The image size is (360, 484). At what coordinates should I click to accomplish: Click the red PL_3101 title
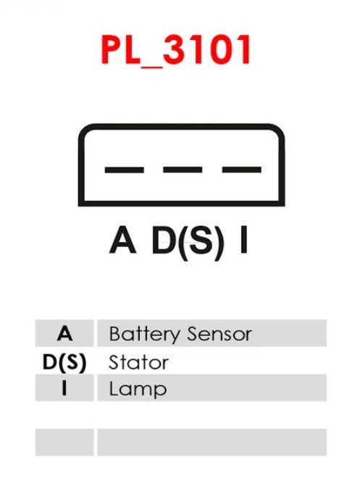pos(175,50)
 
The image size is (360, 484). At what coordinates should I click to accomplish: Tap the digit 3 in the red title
pos(176,49)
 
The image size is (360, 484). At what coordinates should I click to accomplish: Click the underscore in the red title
pos(151,67)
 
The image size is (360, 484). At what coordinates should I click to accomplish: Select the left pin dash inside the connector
pos(125,170)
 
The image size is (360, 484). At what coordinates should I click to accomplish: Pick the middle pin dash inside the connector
pos(183,170)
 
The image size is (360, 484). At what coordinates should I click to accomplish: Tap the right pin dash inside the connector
pos(241,170)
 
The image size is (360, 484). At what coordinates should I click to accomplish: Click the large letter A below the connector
pos(122,240)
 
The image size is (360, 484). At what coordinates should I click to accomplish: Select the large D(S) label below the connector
pos(188,242)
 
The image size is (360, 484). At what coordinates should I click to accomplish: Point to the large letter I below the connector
pos(244,240)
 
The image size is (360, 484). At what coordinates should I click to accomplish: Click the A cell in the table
pos(64,333)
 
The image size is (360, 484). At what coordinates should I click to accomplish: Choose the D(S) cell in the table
pos(64,362)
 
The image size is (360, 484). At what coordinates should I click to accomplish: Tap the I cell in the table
pos(64,388)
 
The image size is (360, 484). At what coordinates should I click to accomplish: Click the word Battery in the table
pos(144,334)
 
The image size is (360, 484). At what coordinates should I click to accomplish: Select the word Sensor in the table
pos(219,334)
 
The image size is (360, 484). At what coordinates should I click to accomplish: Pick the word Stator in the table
pos(138,362)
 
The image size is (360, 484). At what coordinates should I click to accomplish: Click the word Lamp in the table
pos(138,390)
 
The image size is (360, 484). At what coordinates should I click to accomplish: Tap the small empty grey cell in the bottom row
pos(64,442)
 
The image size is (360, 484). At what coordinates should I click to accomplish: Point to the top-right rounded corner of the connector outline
pos(278,130)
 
